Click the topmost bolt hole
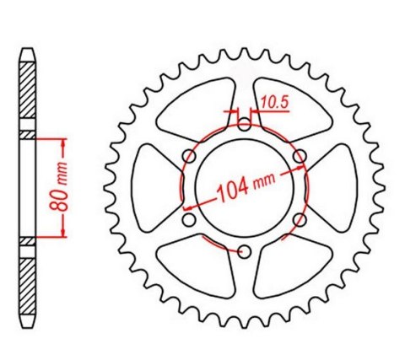point(244,126)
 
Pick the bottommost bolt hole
point(244,252)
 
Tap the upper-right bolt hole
point(299,157)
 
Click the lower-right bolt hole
point(299,220)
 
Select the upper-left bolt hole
point(189,157)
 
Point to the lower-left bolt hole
point(189,220)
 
